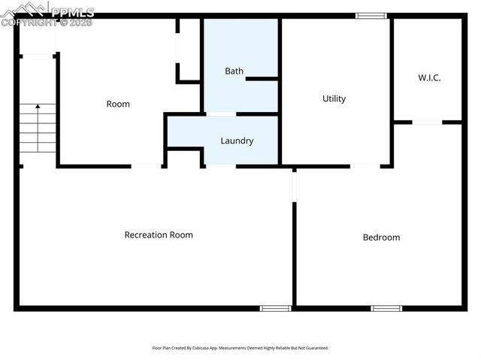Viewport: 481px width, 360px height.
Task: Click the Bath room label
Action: [234, 71]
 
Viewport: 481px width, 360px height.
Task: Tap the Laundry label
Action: [237, 141]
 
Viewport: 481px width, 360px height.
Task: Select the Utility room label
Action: [334, 98]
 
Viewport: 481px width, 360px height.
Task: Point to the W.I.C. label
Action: [429, 77]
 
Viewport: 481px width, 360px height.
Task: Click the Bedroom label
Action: [381, 237]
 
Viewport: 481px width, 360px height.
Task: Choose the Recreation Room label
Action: [159, 234]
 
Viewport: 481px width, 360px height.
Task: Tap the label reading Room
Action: [118, 104]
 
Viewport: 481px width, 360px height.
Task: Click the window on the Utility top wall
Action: [371, 16]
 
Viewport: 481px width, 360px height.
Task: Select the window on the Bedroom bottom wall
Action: [386, 307]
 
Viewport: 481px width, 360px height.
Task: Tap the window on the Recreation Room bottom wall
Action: [275, 307]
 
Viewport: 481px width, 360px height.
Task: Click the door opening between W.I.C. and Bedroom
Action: [427, 122]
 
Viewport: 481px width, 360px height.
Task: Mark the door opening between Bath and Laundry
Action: [220, 114]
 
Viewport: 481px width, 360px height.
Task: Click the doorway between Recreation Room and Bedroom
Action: [295, 185]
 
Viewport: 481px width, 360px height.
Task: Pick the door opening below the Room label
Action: [147, 165]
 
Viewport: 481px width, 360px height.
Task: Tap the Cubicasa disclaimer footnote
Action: [240, 348]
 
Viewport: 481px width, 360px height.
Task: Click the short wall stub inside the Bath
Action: [262, 78]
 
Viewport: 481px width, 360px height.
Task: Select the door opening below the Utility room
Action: [365, 165]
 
